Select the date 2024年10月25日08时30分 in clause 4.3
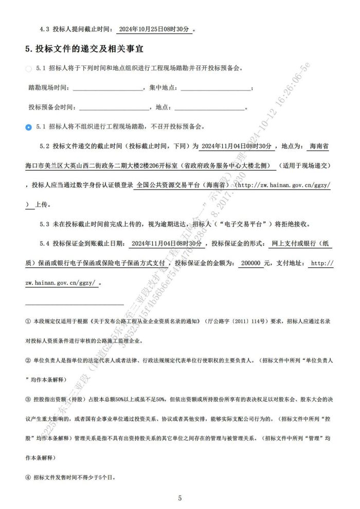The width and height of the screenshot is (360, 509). pos(155,30)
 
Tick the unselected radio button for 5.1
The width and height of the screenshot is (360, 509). pos(29,68)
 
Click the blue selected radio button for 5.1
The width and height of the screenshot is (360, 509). pos(29,126)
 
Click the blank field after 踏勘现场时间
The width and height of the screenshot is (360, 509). pos(109,88)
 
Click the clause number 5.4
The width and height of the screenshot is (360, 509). pos(44,243)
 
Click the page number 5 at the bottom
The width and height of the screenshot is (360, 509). pos(180,498)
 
